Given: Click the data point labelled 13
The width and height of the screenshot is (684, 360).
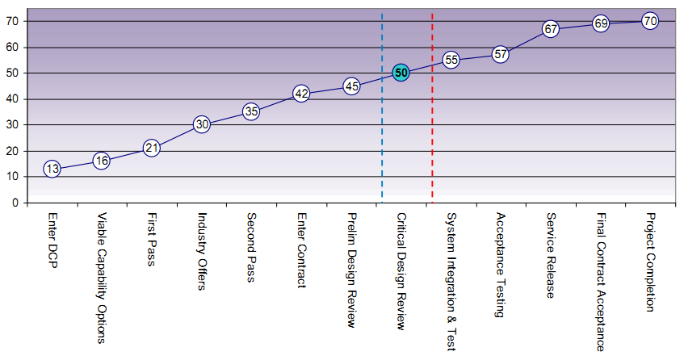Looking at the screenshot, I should coord(52,169).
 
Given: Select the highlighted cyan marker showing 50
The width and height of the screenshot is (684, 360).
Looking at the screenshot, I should coord(401,73).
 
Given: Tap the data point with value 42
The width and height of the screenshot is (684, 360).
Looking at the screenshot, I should coord(301,94).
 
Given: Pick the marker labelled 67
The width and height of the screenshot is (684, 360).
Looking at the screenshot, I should coord(551,29).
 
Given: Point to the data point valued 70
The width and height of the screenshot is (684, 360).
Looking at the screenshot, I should coord(650,21).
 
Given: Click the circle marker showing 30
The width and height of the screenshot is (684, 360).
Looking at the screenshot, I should coord(202,124).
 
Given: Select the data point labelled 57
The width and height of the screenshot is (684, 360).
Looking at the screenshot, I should coord(501,55).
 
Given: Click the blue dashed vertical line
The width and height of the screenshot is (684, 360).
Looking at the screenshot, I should coord(382,145).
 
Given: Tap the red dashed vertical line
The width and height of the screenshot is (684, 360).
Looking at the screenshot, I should coord(432,145).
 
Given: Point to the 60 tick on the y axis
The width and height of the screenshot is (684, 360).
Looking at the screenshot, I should coord(13,48).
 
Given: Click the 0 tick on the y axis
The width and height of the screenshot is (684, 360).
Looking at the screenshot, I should coord(15,203).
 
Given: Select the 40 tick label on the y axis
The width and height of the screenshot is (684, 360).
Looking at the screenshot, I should coord(13,99).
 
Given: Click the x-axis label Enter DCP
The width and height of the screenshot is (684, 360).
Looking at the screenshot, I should coord(52,241).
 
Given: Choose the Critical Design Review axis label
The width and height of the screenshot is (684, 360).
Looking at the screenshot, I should coord(401,271).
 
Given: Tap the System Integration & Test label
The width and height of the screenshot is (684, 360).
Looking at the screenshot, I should coord(451,282).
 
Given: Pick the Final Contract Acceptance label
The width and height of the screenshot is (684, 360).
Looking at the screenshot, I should coord(601,282).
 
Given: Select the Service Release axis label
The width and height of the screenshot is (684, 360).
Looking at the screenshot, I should coord(551,255).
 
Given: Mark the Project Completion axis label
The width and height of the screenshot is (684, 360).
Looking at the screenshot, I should coord(651,262).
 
